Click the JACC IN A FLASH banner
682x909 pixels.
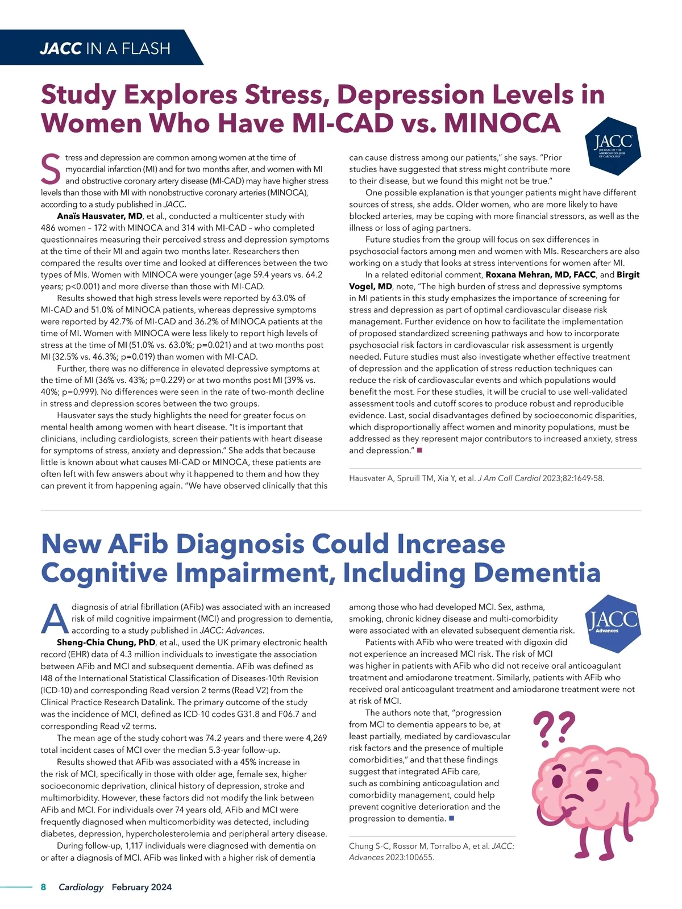(105, 48)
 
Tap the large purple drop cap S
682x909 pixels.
(51, 169)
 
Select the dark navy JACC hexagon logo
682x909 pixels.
(613, 145)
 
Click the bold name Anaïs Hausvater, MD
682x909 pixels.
(99, 216)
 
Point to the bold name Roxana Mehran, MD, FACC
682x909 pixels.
(540, 274)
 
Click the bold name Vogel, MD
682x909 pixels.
(371, 286)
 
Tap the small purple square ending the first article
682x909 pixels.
(419, 451)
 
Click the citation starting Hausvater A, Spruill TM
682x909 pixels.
(476, 478)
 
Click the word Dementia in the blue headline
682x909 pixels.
(537, 573)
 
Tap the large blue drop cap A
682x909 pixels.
(55, 619)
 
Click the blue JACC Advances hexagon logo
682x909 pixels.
(612, 623)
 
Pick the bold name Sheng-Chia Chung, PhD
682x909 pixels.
(106, 643)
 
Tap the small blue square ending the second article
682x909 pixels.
(451, 819)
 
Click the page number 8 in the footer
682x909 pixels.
(43, 887)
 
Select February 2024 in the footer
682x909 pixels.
(142, 887)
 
